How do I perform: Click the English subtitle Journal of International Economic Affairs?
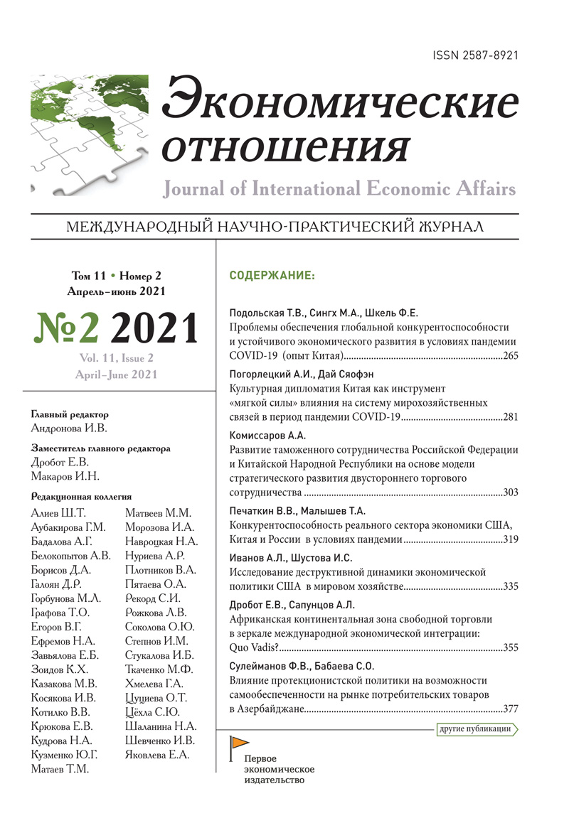339,189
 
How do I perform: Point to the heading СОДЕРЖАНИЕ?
271,275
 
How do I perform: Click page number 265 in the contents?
510,355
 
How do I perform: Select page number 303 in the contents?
510,492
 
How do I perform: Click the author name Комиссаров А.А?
267,436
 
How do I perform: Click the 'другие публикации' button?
474,728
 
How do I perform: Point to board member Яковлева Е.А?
157,755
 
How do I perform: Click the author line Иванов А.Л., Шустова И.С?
290,558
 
